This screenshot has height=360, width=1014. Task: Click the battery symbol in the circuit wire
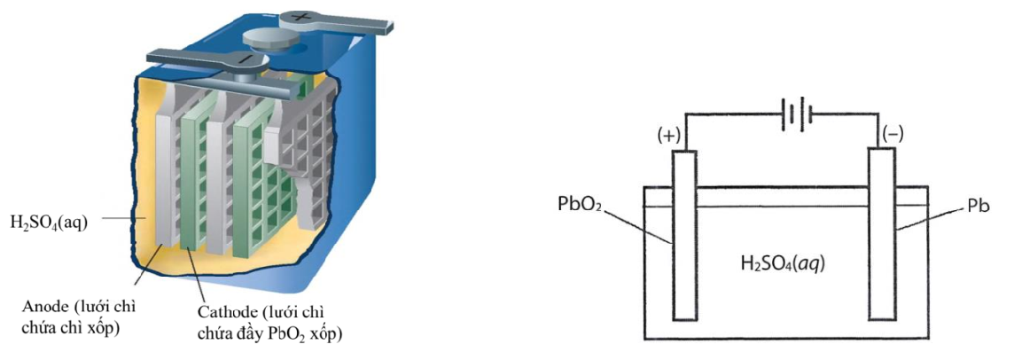tap(795, 115)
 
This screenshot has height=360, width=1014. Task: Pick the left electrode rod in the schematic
tap(682, 234)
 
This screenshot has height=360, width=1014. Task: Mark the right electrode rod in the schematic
tap(879, 234)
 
